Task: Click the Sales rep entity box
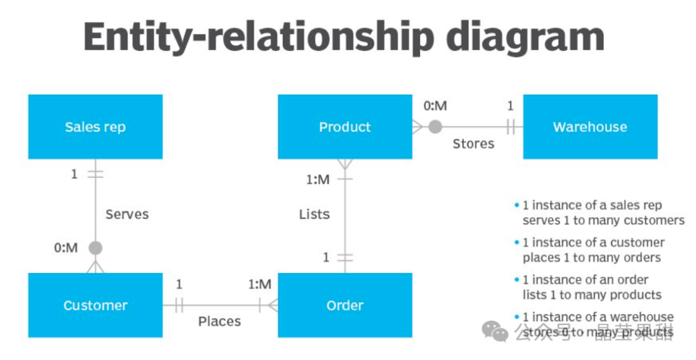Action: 95,127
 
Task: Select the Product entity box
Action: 345,127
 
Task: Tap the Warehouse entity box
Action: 590,127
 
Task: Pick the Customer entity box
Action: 95,305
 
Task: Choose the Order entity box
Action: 345,305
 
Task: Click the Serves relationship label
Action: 127,214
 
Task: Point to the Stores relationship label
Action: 473,144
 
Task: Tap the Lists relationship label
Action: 314,214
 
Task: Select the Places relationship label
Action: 219,321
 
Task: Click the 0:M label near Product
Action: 435,106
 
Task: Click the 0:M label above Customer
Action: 65,247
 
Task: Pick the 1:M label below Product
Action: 317,180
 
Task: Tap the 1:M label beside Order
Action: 260,284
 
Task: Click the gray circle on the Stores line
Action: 436,127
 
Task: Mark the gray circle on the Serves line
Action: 95,247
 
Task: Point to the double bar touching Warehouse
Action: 510,127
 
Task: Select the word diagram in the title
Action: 525,38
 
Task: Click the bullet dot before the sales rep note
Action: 516,205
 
